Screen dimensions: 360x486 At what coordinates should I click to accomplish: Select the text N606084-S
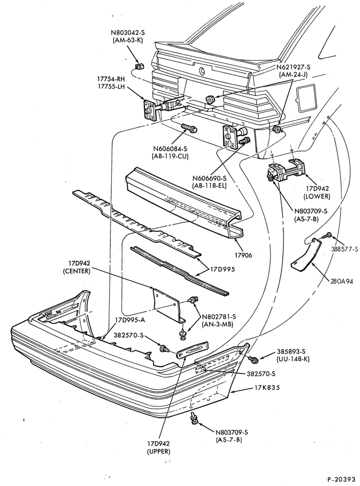[170, 149]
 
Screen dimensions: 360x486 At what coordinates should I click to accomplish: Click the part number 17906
[243, 255]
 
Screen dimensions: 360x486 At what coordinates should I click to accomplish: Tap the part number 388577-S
[344, 248]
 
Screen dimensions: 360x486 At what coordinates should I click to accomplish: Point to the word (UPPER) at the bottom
[159, 451]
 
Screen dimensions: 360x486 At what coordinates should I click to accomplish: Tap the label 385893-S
[291, 352]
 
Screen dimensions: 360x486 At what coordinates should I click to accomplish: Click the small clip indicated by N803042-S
[140, 67]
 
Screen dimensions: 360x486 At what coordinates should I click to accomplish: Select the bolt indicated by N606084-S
[189, 128]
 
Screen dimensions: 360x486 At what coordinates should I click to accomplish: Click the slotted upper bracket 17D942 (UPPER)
[193, 349]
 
